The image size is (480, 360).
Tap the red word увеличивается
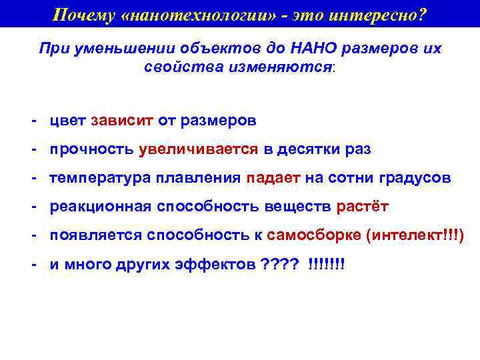point(198,150)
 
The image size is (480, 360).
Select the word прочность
point(91,150)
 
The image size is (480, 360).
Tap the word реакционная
point(100,207)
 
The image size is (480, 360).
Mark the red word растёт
point(362,207)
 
